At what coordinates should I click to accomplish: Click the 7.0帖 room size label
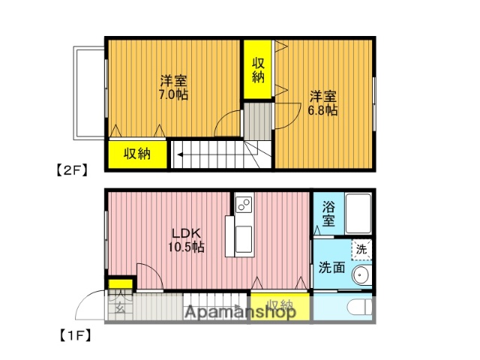[x=173, y=95]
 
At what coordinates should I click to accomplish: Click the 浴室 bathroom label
[x=328, y=213]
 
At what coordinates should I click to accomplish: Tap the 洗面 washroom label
[x=331, y=266]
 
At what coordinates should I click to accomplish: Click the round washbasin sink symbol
[x=361, y=275]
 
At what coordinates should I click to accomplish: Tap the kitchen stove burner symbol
[x=243, y=202]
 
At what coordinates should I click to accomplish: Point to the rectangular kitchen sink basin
[x=244, y=238]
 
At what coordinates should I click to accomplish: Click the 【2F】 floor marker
[x=72, y=169]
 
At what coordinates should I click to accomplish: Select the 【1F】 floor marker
[x=72, y=334]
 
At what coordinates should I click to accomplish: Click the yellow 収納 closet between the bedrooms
[x=258, y=69]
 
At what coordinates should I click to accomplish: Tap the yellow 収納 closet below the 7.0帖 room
[x=137, y=154]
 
